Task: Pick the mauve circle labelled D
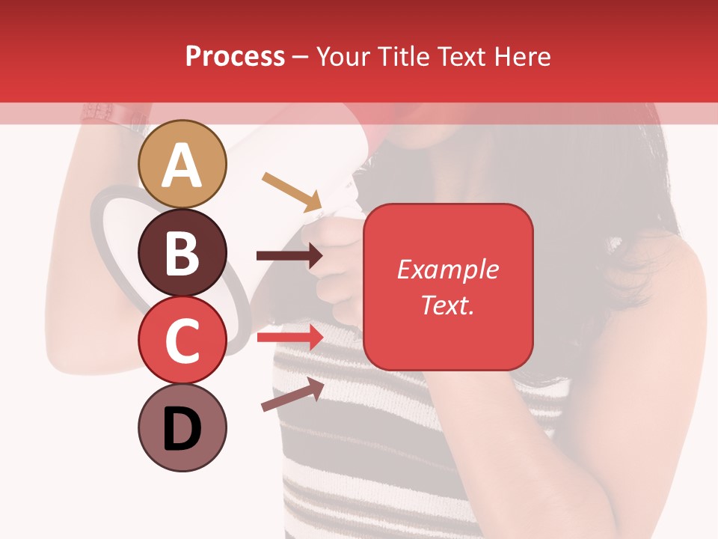182,427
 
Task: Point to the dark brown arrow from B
289,256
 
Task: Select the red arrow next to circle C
289,338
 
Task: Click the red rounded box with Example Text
448,287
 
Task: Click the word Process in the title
235,56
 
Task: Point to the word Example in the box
448,269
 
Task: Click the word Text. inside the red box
448,305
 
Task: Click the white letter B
182,253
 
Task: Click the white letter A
182,165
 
